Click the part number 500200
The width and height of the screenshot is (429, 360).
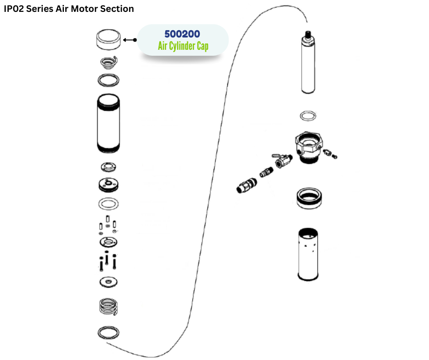coord(182,34)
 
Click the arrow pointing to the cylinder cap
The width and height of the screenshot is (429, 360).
coord(130,40)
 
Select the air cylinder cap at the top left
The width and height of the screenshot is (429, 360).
coord(109,40)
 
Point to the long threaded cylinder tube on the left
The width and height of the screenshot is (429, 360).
coord(109,123)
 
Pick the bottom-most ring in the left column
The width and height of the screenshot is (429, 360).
coord(109,333)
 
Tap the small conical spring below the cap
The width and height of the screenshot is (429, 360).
coord(109,61)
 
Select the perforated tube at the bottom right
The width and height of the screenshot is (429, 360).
coord(308,254)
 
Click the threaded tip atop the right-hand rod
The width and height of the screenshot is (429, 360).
coord(308,34)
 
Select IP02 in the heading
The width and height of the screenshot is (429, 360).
coord(14,9)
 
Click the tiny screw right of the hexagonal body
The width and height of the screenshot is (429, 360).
coord(335,157)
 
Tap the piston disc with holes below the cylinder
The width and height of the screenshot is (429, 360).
coord(109,185)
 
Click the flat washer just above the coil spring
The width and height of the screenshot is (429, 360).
coord(109,282)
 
